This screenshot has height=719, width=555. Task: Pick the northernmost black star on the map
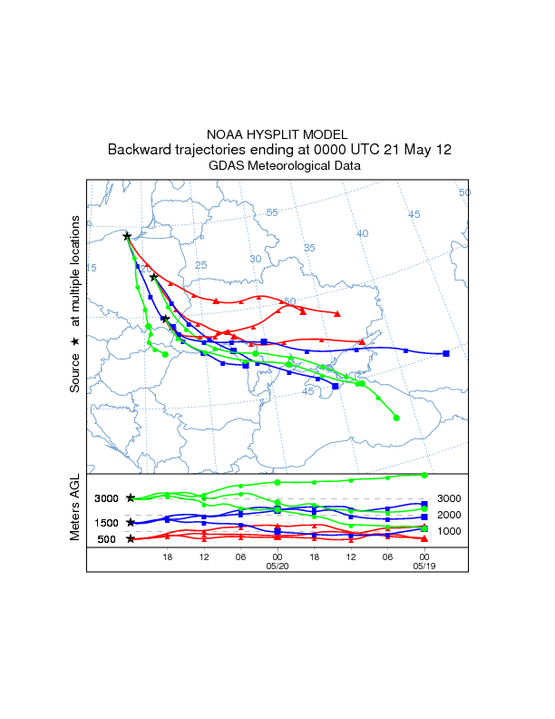[127, 236]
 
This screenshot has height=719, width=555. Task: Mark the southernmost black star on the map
[165, 319]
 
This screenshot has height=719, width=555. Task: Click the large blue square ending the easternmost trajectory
[446, 353]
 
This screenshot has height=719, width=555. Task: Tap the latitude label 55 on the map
[272, 212]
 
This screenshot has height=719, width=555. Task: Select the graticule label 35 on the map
[308, 248]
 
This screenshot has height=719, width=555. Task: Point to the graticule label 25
[201, 265]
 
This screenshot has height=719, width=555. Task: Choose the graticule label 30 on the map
[255, 259]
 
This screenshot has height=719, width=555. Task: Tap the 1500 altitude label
[107, 522]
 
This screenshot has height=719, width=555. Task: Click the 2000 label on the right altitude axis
[449, 515]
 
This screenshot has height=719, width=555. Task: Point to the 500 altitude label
[107, 539]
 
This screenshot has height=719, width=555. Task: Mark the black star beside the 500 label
[131, 539]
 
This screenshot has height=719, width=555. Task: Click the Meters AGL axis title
[76, 508]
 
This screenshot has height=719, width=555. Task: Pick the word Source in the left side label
[76, 372]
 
